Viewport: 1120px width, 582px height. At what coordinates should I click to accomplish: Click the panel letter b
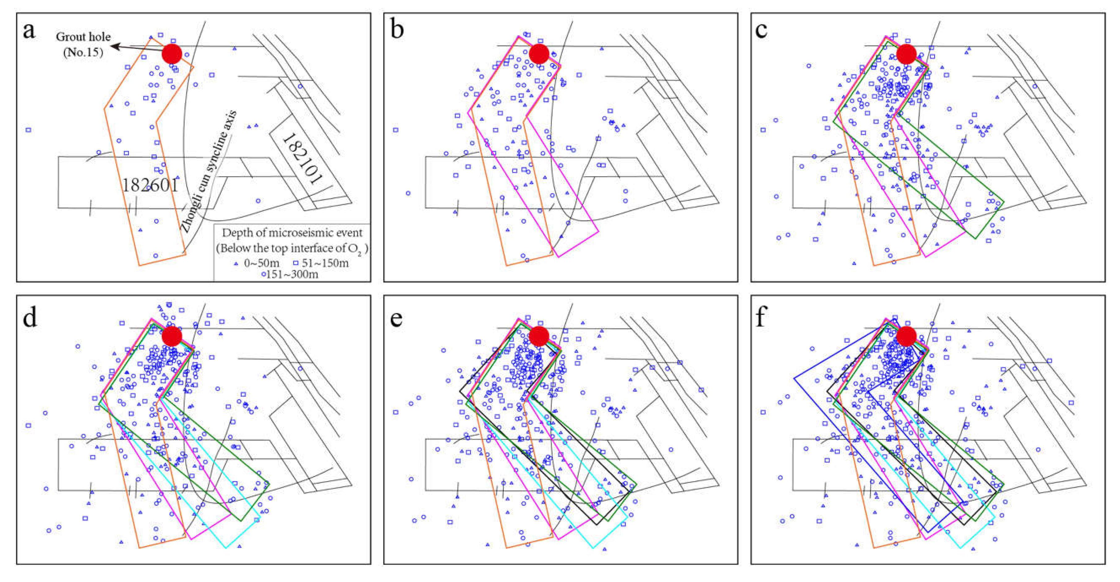pos(397,30)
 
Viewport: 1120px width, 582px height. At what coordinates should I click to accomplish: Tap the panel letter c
pos(761,30)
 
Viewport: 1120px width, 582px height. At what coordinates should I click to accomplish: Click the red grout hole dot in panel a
pos(172,54)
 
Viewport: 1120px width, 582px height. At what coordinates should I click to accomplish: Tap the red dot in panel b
pos(539,54)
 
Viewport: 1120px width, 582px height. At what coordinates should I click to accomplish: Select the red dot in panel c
pos(907,54)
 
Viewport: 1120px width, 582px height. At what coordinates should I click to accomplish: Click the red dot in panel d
pos(172,336)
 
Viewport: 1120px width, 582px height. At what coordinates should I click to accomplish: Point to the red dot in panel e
pos(539,336)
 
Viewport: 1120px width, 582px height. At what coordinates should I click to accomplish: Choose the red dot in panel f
pos(907,336)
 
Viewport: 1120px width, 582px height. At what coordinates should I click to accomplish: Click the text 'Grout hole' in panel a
pos(83,37)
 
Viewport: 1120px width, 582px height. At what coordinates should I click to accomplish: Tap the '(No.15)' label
pos(83,53)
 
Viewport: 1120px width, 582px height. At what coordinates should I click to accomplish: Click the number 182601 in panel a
pos(150,185)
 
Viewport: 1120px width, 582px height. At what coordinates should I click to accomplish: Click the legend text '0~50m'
pos(261,263)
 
